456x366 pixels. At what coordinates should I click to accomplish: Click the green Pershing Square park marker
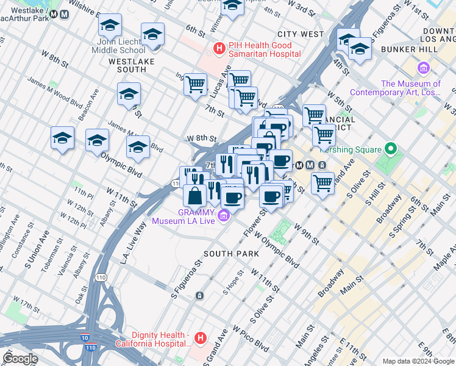pyautogui.click(x=391, y=149)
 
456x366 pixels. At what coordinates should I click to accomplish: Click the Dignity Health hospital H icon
pyautogui.click(x=200, y=338)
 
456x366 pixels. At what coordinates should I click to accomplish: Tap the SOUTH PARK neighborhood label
pyautogui.click(x=227, y=253)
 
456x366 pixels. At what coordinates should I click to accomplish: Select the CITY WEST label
pyautogui.click(x=300, y=35)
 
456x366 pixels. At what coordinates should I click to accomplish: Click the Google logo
pyautogui.click(x=20, y=359)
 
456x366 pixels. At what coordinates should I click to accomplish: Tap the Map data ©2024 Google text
pyautogui.click(x=418, y=361)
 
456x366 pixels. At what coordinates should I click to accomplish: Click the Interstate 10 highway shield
pyautogui.click(x=84, y=338)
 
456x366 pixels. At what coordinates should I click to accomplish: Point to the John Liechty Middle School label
pyautogui.click(x=118, y=46)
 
